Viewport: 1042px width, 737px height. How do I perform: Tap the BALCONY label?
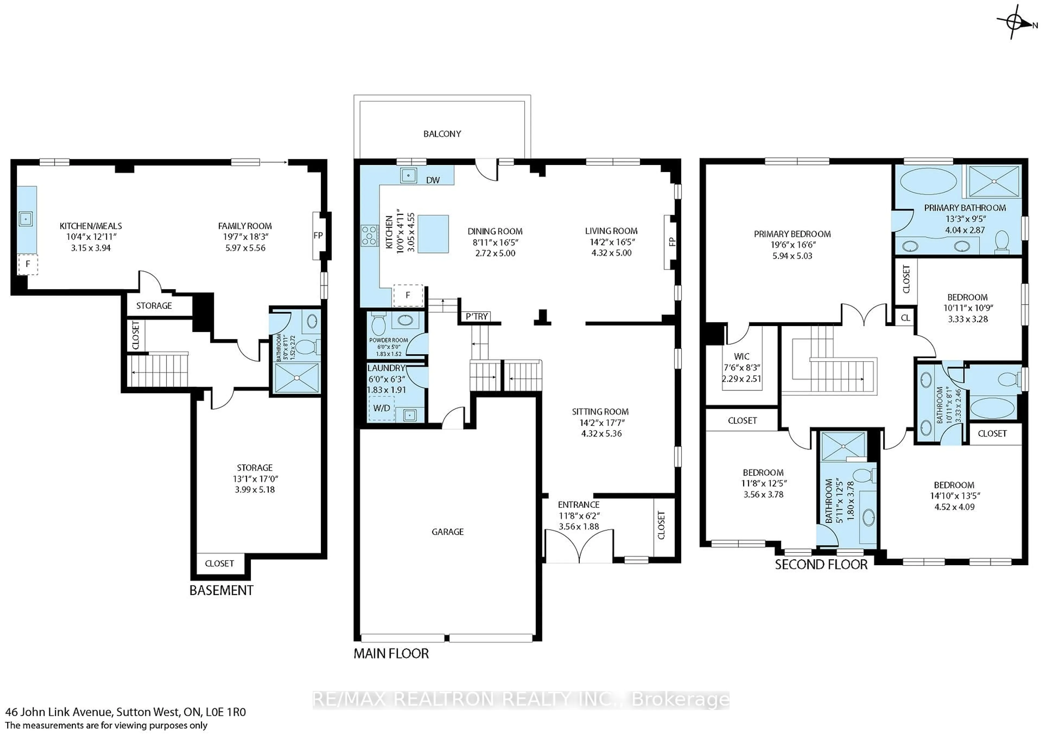click(442, 134)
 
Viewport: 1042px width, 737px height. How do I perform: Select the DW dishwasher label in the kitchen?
click(433, 180)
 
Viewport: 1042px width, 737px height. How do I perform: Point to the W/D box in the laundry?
click(381, 408)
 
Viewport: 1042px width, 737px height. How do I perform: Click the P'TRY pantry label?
click(476, 316)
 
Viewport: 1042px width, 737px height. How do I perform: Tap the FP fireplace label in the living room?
click(672, 242)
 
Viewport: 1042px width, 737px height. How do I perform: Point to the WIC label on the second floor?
click(741, 356)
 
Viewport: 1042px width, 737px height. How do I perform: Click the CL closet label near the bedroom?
click(905, 318)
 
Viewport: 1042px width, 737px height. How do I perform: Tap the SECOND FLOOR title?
click(821, 565)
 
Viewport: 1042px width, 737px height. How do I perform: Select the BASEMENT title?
click(221, 590)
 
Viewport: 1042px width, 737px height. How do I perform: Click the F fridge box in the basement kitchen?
click(28, 264)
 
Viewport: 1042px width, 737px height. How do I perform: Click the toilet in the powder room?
click(378, 325)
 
